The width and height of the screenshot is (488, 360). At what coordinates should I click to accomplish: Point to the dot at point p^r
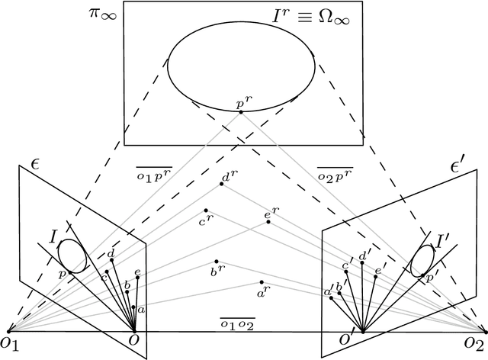click(241, 112)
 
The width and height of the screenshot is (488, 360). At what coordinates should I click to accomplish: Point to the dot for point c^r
click(206, 211)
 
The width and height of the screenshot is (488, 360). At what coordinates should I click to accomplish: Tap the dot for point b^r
click(217, 261)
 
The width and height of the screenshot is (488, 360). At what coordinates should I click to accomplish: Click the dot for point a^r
click(262, 281)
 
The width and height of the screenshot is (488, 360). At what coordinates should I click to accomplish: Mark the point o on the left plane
click(136, 332)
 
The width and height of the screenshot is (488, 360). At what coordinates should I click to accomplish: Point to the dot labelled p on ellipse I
click(69, 272)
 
